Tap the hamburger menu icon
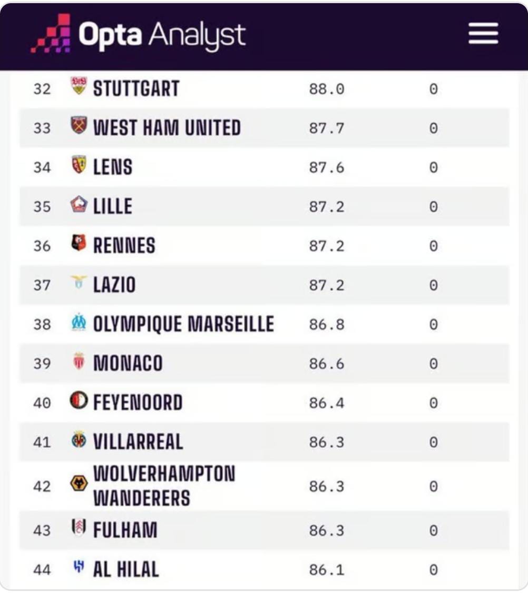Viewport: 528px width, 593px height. tap(483, 34)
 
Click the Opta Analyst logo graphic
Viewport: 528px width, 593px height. tap(51, 34)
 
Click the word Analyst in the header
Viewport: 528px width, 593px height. tap(197, 35)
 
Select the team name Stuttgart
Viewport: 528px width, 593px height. tap(136, 88)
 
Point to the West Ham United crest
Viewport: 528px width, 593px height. tap(79, 126)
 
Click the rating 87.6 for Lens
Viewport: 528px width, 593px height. tap(326, 167)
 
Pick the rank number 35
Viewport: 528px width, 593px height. tap(42, 207)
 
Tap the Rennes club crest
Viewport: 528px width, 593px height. tap(79, 243)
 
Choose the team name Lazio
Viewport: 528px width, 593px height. tap(114, 285)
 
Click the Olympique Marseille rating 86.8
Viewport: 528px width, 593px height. tap(326, 324)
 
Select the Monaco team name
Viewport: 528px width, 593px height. tap(128, 364)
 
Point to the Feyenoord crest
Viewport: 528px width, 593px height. tap(79, 401)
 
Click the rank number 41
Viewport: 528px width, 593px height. tap(42, 443)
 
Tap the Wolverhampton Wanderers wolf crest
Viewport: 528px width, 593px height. tap(79, 483)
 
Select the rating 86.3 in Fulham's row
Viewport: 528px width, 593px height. tap(326, 530)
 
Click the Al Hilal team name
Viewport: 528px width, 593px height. tap(125, 569)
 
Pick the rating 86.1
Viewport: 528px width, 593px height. tap(326, 569)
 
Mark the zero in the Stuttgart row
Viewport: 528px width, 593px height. tap(433, 89)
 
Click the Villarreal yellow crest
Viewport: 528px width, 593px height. tap(79, 440)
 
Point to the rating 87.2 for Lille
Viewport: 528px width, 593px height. tap(326, 207)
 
